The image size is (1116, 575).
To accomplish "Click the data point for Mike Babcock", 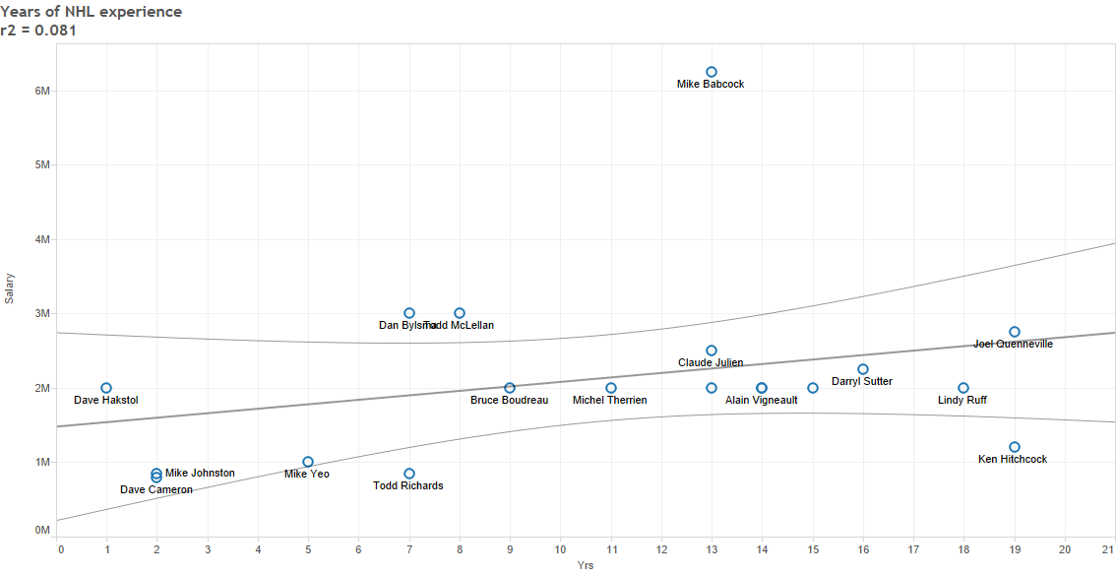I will (712, 72).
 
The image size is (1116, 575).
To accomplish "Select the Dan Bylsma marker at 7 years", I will (409, 313).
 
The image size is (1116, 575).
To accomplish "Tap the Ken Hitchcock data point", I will (1015, 447).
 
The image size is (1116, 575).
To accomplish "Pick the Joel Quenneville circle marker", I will (1015, 332).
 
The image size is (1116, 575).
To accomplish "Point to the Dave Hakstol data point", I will (106, 388).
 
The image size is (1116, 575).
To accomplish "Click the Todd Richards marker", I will (409, 474).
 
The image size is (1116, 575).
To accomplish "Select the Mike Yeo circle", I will (308, 462).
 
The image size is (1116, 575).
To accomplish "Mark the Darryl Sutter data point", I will (863, 369).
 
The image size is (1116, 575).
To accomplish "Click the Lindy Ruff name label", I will (962, 401).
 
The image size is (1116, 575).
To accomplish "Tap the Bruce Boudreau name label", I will (509, 401).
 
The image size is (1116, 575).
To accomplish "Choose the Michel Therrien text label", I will (610, 401).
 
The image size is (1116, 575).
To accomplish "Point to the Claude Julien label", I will (711, 363).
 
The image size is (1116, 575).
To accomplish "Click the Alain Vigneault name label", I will (761, 401).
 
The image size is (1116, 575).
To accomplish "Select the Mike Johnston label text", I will (200, 474).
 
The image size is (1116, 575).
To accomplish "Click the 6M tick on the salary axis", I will (42, 91).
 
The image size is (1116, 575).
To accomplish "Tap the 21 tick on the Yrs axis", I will (1108, 548).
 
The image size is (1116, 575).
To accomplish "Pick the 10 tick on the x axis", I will (560, 548).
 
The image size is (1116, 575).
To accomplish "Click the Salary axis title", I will (10, 288).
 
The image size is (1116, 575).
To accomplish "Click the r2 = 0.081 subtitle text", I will (39, 31).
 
